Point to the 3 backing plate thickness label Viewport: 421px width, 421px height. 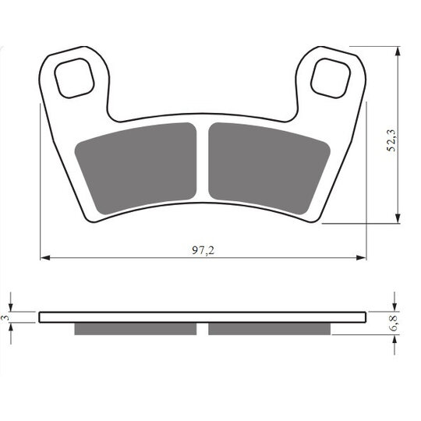[x=5, y=318]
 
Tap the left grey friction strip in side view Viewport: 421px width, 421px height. [x=136, y=328]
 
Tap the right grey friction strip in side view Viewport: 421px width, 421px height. [x=268, y=328]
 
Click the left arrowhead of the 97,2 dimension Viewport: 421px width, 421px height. [x=44, y=256]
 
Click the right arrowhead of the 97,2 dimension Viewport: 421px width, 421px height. [x=362, y=256]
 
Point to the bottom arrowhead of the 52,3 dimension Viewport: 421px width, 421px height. [x=398, y=219]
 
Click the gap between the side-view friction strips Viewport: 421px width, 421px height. [x=203, y=328]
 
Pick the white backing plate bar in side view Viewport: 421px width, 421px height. [x=203, y=317]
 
